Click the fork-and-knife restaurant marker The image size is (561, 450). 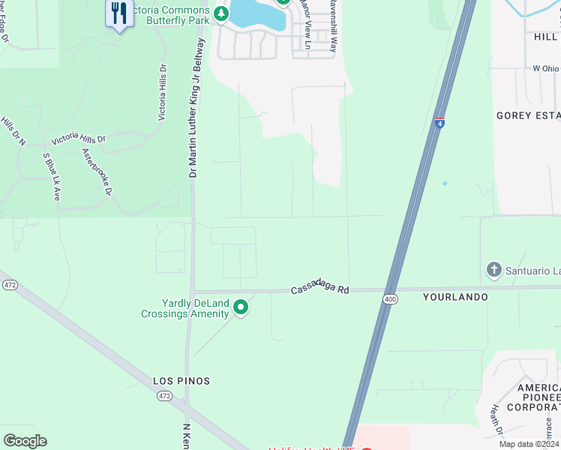tap(118, 14)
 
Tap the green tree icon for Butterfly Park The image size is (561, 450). tap(220, 13)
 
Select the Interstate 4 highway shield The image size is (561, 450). tap(439, 121)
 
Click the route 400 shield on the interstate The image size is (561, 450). tap(390, 298)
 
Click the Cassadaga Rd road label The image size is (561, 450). tap(320, 289)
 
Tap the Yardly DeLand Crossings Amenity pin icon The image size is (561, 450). tap(241, 307)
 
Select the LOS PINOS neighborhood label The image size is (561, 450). tap(181, 381)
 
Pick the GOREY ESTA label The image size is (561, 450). tap(528, 115)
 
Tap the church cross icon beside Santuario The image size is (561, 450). tap(493, 269)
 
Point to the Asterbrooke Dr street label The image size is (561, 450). tap(97, 172)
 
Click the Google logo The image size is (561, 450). tap(25, 441)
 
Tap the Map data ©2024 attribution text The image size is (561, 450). tap(528, 444)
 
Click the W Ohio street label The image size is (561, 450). tap(546, 68)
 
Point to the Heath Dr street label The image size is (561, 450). tap(495, 420)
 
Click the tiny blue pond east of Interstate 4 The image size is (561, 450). tap(445, 183)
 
